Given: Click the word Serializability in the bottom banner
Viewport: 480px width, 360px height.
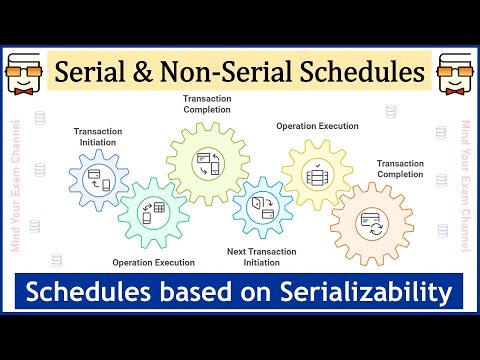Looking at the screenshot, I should pyautogui.click(x=363, y=293).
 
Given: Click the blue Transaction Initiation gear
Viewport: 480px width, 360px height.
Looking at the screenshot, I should pyautogui.click(x=99, y=181).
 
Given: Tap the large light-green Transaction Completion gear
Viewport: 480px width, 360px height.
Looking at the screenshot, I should pyautogui.click(x=208, y=161).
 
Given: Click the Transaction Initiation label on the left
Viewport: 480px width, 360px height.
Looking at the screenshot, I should pyautogui.click(x=97, y=136).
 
